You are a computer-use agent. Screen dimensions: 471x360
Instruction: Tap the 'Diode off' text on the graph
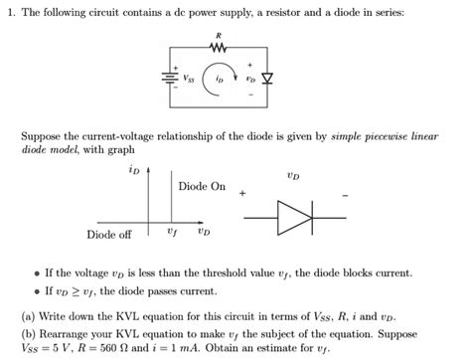(109, 235)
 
